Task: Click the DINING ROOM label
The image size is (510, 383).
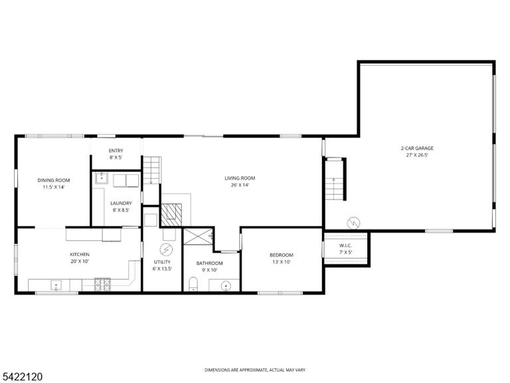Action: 54,180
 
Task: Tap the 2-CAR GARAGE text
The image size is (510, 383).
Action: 417,148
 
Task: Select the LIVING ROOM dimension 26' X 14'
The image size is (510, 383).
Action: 240,185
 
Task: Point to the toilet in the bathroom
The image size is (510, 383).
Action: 193,284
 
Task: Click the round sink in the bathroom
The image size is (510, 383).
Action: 226,287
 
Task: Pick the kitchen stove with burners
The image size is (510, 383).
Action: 102,284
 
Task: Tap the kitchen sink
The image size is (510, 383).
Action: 56,285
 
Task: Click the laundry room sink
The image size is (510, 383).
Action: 102,178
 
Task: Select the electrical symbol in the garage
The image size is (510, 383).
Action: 353,223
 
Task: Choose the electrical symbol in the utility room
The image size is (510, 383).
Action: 166,250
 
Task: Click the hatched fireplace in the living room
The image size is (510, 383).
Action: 171,215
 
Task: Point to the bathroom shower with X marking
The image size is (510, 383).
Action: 199,237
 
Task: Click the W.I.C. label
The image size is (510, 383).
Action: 345,245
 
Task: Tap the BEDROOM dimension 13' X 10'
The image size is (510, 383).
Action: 282,262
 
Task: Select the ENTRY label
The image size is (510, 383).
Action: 116,151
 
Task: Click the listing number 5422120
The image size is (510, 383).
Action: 21,377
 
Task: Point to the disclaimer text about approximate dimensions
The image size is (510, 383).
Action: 255,370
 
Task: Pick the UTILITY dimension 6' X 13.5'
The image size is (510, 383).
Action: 162,269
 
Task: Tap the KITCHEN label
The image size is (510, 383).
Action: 80,255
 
